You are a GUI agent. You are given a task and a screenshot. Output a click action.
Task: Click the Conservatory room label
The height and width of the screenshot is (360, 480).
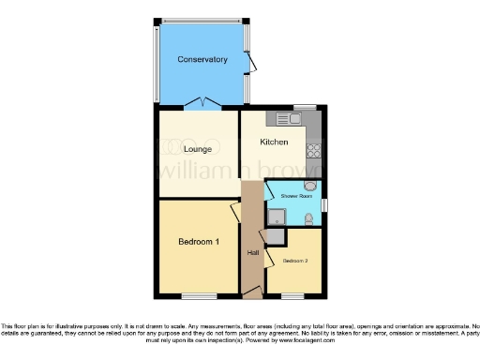click(202, 59)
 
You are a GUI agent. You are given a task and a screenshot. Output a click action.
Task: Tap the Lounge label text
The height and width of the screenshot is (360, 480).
click(197, 149)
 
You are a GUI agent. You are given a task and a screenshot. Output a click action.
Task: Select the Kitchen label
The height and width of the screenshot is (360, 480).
click(274, 142)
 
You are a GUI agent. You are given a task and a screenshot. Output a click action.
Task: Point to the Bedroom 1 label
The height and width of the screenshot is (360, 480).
click(199, 242)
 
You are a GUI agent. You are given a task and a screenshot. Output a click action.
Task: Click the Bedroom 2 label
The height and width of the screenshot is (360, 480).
click(295, 260)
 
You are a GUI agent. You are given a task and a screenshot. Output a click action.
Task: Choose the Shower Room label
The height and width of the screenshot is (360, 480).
click(292, 195)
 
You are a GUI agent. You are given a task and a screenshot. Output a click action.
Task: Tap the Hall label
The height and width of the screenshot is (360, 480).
click(253, 252)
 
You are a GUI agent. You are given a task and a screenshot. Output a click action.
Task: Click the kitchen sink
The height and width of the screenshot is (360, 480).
click(288, 119)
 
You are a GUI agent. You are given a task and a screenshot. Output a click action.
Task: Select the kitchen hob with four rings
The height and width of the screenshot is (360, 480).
click(314, 151)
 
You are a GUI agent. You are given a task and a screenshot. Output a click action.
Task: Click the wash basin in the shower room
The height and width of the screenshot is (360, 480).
click(311, 186)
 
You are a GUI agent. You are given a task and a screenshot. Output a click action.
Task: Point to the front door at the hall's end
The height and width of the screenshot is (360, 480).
click(251, 292)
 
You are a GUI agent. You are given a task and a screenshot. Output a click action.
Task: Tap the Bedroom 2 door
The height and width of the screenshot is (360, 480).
click(270, 255)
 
